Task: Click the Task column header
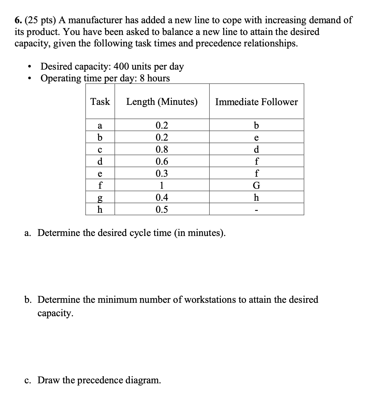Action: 100,101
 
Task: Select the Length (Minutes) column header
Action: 162,102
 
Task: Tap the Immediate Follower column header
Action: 256,102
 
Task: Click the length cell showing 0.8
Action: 162,149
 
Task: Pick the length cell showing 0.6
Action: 162,161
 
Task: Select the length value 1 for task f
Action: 162,185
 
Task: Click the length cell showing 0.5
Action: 162,209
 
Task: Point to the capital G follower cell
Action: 256,185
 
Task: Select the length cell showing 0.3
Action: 162,173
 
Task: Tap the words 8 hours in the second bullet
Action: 155,78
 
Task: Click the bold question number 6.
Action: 18,20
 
